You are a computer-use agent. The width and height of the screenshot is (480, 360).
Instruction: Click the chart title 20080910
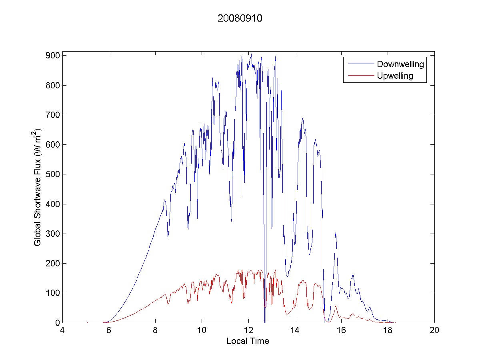pos(240,18)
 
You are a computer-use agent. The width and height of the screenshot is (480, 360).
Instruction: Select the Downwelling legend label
pos(400,64)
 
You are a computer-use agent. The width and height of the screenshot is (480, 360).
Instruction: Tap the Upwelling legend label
pos(395,76)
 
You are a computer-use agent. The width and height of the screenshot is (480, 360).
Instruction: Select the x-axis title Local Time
pos(248,341)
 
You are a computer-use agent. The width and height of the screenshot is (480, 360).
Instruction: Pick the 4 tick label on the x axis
pos(62,331)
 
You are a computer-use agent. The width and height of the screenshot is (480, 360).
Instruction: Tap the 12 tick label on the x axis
pos(248,331)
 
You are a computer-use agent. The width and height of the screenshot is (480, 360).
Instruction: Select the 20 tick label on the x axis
pos(434,331)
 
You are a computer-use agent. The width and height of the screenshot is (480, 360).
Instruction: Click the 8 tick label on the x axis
pos(156,331)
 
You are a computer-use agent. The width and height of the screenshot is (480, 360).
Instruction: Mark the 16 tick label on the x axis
pos(341,331)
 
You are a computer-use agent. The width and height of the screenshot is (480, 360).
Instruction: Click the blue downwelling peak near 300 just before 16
pos(336,233)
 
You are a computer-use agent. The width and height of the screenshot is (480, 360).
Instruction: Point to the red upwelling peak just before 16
pos(336,306)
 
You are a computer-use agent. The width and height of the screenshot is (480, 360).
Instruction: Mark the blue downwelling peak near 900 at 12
pos(251,54)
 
